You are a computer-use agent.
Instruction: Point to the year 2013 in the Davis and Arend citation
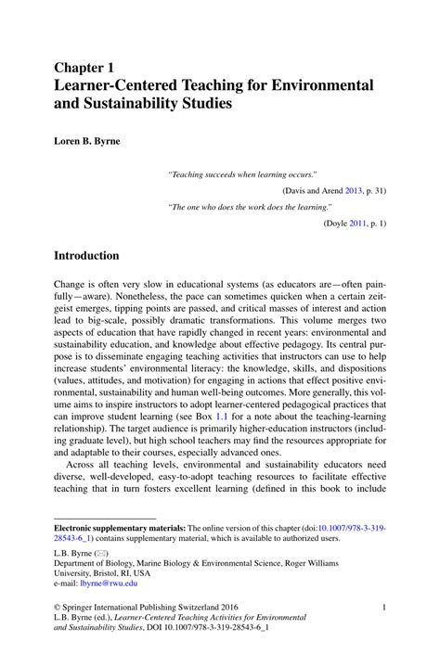[x=352, y=190]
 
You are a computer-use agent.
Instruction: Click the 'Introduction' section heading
[x=86, y=255]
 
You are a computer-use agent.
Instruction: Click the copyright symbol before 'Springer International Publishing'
[x=58, y=608]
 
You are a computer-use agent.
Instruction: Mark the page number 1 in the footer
[x=383, y=608]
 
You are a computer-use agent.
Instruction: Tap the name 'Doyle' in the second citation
[x=337, y=224]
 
